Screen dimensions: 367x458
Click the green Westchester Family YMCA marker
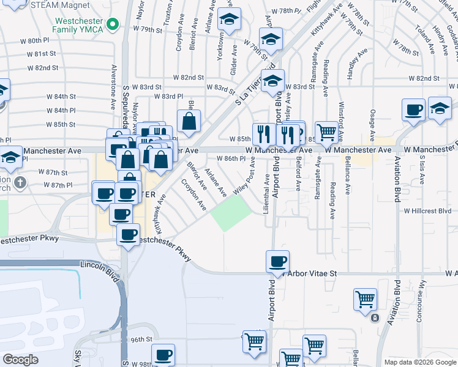point(113,24)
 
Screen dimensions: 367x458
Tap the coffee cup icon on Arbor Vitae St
point(277,261)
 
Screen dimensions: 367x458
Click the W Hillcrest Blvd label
point(427,210)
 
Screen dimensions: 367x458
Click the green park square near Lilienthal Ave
point(231,214)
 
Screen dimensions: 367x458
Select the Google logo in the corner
point(20,360)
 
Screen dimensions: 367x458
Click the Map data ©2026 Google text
point(421,362)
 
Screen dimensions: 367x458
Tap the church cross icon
point(20,182)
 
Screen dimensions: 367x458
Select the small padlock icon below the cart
point(374,318)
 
